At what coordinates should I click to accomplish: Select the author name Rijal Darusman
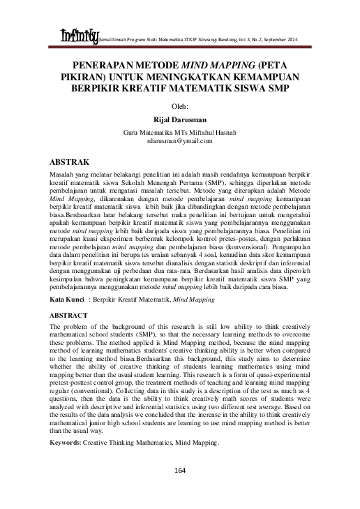pyautogui.click(x=180, y=119)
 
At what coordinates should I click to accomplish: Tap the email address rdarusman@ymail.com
pyautogui.click(x=180, y=141)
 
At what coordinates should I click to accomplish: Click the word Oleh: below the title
pyautogui.click(x=180, y=105)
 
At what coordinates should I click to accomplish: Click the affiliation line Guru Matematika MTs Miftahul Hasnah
pyautogui.click(x=180, y=132)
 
